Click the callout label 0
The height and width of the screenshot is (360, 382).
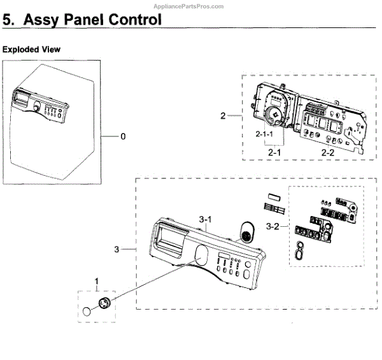pyautogui.click(x=123, y=136)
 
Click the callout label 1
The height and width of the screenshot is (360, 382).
pyautogui.click(x=97, y=281)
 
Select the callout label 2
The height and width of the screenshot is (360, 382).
pyautogui.click(x=223, y=116)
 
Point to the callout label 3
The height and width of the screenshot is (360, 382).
pyautogui.click(x=117, y=249)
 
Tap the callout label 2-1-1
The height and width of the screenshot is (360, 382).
pyautogui.click(x=264, y=135)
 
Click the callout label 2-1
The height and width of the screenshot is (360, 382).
pyautogui.click(x=275, y=153)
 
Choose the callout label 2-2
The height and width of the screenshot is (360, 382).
pyautogui.click(x=328, y=153)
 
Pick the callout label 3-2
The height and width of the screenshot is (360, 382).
pyautogui.click(x=273, y=226)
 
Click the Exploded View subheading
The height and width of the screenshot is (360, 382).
pyautogui.click(x=31, y=49)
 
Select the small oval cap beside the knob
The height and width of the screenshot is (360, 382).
pyautogui.click(x=86, y=311)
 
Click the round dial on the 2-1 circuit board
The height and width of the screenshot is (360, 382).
pyautogui.click(x=274, y=115)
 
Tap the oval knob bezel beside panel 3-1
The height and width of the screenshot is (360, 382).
pyautogui.click(x=246, y=233)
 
